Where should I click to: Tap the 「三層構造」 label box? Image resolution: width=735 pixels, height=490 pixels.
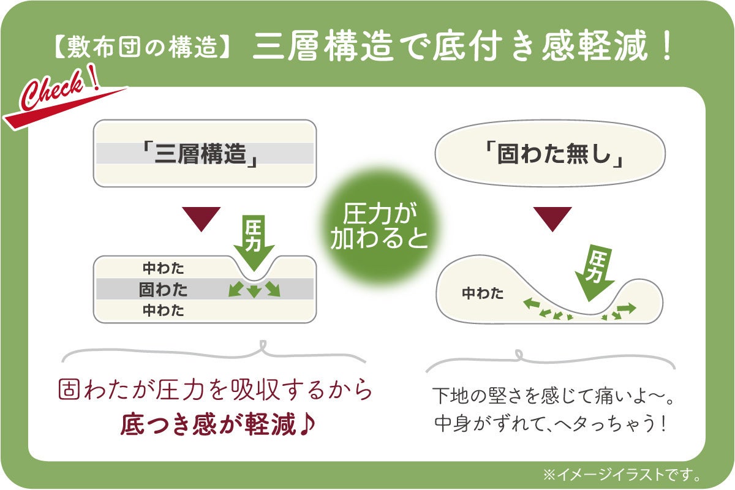coord(205,153)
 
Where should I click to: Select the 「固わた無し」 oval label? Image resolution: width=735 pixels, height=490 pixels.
coord(550,153)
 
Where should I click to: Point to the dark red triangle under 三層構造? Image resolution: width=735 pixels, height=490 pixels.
coord(201,219)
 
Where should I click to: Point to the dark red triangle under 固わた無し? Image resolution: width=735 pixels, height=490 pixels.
coord(552,219)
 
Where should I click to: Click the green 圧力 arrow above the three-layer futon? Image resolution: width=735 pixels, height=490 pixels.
coord(254,243)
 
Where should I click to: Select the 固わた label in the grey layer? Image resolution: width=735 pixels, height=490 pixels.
coord(163,290)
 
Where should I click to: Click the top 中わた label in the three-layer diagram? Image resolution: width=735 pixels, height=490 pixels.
coord(163,268)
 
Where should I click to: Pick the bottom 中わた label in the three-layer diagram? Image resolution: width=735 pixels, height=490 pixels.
coord(163,310)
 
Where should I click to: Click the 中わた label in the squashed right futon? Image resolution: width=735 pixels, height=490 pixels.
coord(483,293)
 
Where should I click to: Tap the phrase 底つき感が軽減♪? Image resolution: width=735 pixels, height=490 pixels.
coord(218,424)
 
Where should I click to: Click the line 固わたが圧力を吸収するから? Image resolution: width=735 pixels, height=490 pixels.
coord(215,390)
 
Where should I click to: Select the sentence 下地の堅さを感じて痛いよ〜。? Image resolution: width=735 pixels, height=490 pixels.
coord(553,396)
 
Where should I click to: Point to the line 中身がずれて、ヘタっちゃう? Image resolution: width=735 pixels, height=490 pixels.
coord(550,423)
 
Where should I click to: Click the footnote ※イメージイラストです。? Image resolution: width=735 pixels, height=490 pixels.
coord(622,475)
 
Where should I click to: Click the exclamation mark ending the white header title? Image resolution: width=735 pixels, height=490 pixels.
coord(667,46)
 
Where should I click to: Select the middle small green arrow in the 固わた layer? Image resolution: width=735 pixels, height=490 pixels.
coord(254,292)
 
